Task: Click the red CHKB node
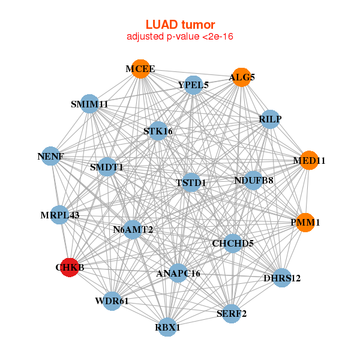pyautogui.click(x=70, y=268)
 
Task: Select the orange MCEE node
pyautogui.click(x=140, y=69)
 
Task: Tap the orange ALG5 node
pyautogui.click(x=241, y=77)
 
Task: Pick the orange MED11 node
pyautogui.click(x=308, y=160)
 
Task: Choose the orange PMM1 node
pyautogui.click(x=305, y=223)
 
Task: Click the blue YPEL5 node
pyautogui.click(x=193, y=85)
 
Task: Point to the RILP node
pyautogui.click(x=270, y=119)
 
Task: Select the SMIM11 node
pyautogui.click(x=89, y=104)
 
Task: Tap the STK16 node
pyautogui.click(x=158, y=131)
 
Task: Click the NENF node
pyautogui.click(x=50, y=157)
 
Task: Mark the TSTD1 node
pyautogui.click(x=191, y=182)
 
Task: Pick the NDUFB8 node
pyautogui.click(x=253, y=180)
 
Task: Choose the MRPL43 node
pyautogui.click(x=59, y=214)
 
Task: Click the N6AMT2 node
pyautogui.click(x=133, y=229)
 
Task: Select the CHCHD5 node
pyautogui.click(x=233, y=243)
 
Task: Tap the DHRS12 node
pyautogui.click(x=282, y=278)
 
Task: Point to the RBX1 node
pyautogui.click(x=167, y=327)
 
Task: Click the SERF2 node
pyautogui.click(x=231, y=313)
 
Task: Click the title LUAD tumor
pyautogui.click(x=180, y=25)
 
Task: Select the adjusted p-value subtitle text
pyautogui.click(x=180, y=37)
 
